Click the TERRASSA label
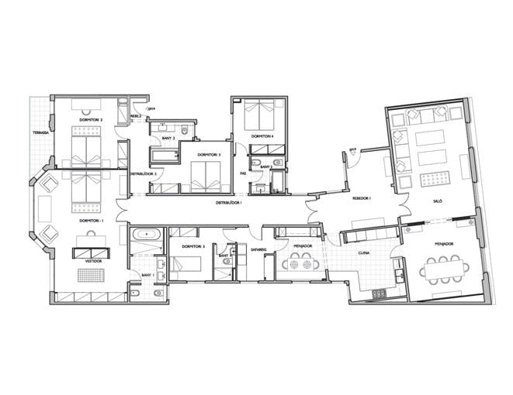[x=40, y=132]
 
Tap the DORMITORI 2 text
[x=90, y=120]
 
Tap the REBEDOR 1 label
[x=362, y=197]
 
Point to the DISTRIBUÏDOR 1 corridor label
[x=229, y=202]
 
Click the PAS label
[x=243, y=173]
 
